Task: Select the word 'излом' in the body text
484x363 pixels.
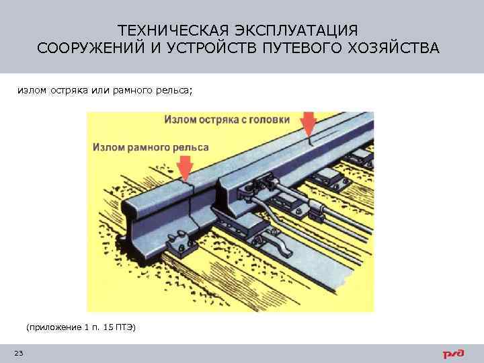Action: [x=30, y=91]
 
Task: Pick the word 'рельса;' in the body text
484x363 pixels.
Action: [x=174, y=91]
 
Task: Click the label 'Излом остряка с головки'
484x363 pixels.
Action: [x=227, y=120]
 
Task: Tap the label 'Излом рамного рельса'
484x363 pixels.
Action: [x=151, y=147]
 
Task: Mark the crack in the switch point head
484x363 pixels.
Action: [x=309, y=144]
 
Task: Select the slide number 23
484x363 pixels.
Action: [x=18, y=354]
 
